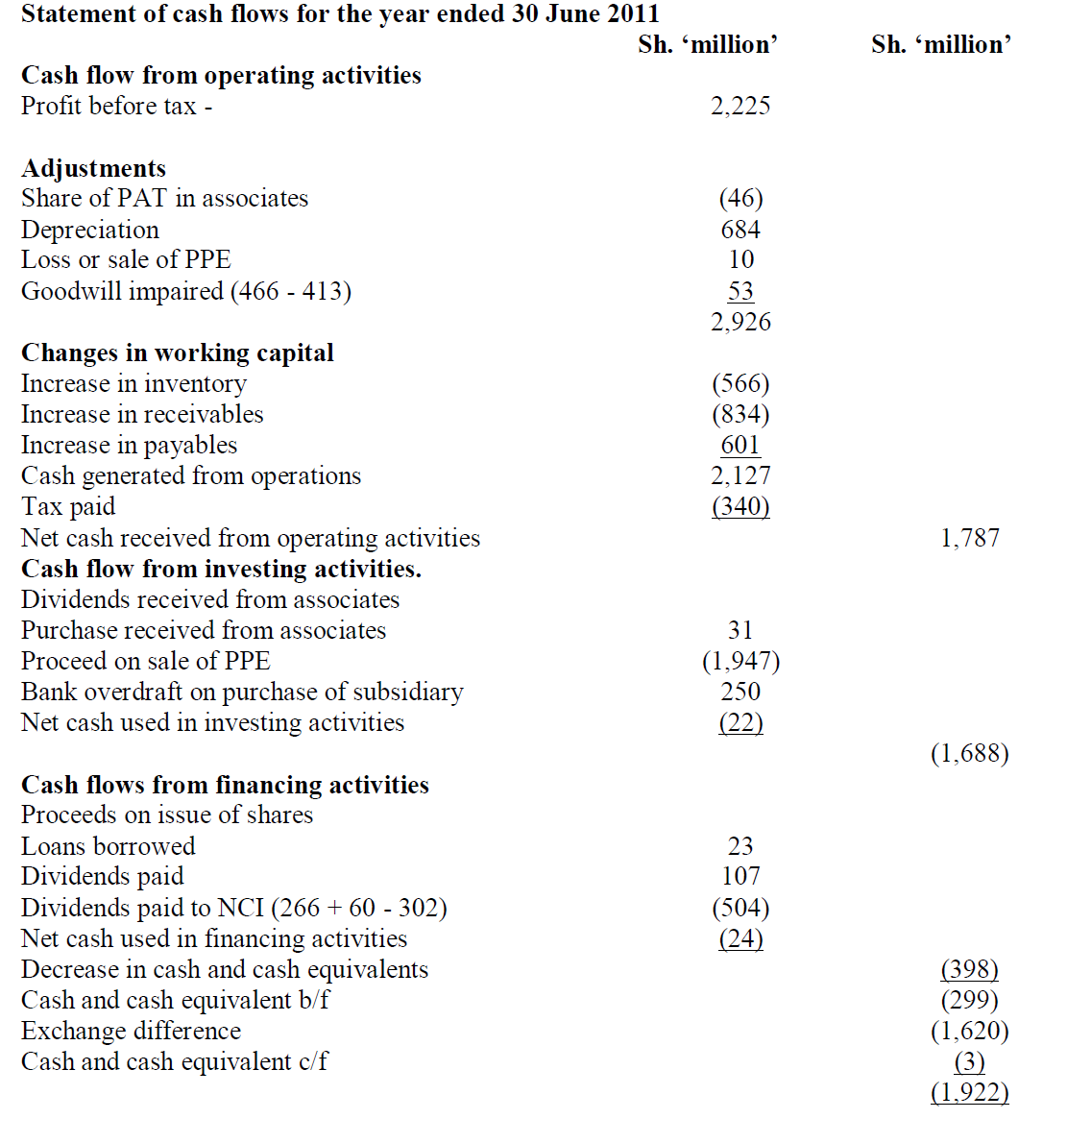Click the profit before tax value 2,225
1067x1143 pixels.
(740, 106)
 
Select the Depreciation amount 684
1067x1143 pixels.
(740, 230)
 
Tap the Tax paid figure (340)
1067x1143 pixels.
(740, 506)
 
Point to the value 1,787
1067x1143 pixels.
(970, 538)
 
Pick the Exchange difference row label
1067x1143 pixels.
(132, 1031)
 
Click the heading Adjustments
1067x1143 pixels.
(94, 168)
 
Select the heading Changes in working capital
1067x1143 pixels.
(178, 353)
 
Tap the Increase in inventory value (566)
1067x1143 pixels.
(740, 383)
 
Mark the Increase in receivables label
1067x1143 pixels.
(142, 414)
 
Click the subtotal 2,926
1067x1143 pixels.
(740, 322)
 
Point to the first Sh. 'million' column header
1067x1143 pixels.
(708, 44)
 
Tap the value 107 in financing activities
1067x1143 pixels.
(740, 876)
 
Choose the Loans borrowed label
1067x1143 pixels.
(109, 846)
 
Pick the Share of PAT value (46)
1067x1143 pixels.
(740, 198)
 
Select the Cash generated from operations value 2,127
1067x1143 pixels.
(740, 475)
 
